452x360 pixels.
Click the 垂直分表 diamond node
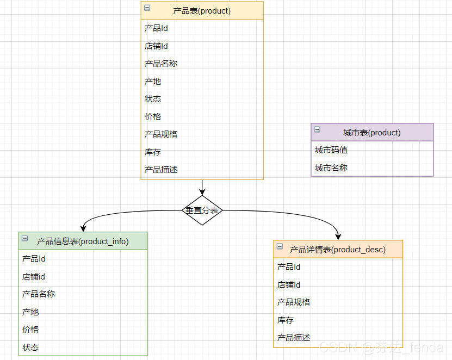(202, 210)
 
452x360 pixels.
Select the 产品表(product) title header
(202, 10)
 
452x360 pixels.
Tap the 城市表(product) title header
(372, 132)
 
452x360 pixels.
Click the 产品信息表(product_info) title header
(83, 241)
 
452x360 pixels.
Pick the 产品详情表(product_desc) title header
(338, 250)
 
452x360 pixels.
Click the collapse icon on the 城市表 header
(317, 129)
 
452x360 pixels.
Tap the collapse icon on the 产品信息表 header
(24, 238)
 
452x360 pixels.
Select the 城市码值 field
(331, 150)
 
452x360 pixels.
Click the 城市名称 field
(331, 168)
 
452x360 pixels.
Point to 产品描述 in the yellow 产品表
(161, 170)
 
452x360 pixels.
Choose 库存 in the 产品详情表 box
(286, 320)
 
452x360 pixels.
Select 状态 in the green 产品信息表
(30, 347)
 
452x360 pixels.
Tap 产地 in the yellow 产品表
(153, 82)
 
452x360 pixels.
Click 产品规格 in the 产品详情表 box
(294, 302)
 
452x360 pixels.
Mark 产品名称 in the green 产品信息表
(39, 294)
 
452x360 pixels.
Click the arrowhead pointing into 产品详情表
(338, 237)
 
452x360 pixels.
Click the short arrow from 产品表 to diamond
(202, 188)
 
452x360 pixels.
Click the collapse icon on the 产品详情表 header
(280, 246)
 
